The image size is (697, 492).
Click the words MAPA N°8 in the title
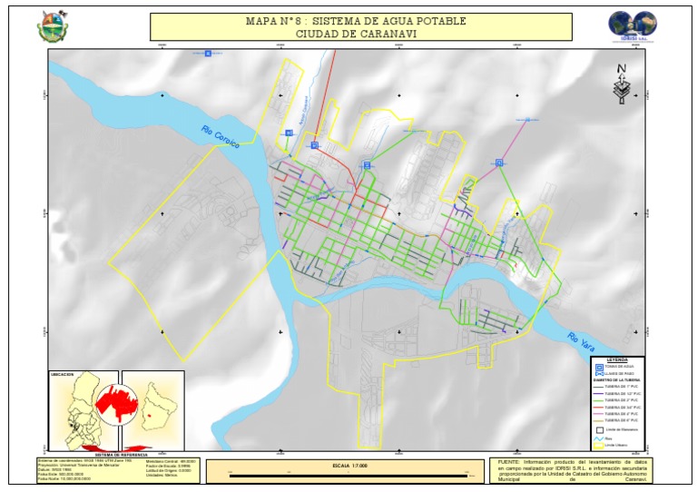click(270, 20)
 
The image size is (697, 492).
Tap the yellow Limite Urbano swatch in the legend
click(598, 445)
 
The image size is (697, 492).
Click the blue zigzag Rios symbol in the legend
click(598, 438)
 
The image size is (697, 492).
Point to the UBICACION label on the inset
click(63, 374)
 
